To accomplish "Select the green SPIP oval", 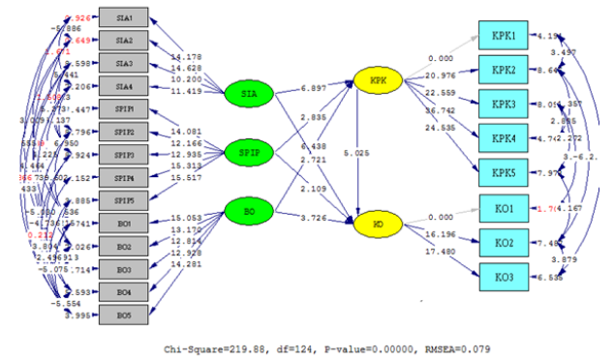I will pyautogui.click(x=249, y=152).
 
